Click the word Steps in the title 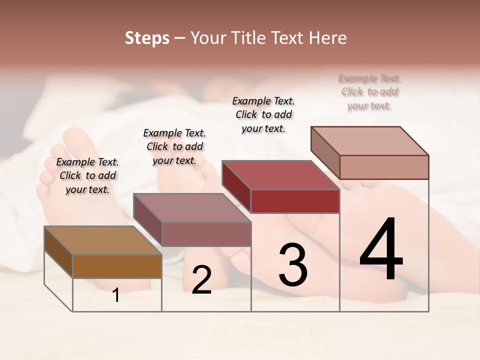click(147, 38)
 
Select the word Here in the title click(328, 38)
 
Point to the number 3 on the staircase click(292, 265)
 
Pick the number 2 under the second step click(201, 280)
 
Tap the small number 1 click(116, 295)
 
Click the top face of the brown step click(102, 240)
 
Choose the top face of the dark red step click(280, 175)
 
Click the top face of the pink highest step click(369, 140)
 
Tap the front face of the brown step click(117, 266)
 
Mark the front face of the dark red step click(295, 201)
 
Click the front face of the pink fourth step click(384, 167)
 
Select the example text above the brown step click(87, 175)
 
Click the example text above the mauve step click(174, 146)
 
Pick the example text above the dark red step click(263, 114)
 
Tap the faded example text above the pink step click(369, 91)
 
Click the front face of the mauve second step click(206, 234)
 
